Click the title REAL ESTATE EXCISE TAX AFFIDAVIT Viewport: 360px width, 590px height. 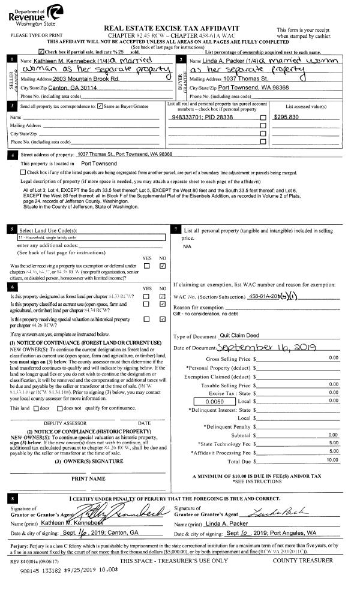tap(180, 28)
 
